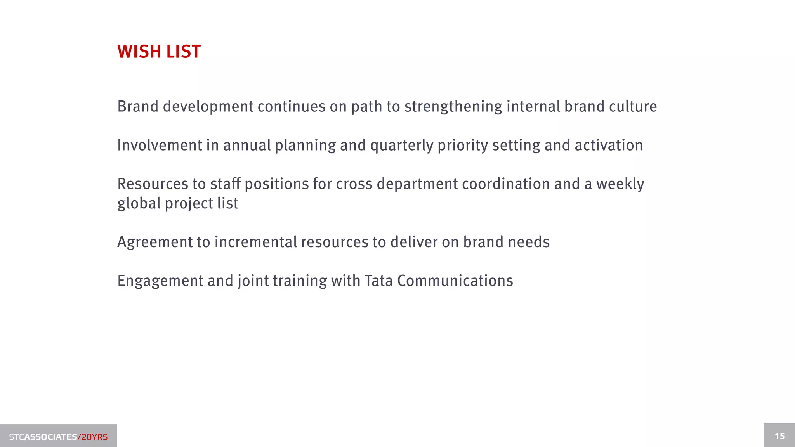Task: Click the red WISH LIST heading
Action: [x=159, y=52]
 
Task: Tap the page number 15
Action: [x=779, y=436]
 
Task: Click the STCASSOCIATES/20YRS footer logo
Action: [x=58, y=437]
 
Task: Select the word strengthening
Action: [x=453, y=107]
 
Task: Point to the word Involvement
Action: [x=159, y=146]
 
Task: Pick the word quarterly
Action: [x=402, y=146]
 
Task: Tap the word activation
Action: [x=608, y=146]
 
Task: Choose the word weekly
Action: [x=620, y=184]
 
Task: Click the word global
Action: [x=139, y=203]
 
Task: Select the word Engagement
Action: [x=160, y=281]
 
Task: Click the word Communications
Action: [x=455, y=281]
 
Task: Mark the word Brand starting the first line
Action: [x=138, y=107]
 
